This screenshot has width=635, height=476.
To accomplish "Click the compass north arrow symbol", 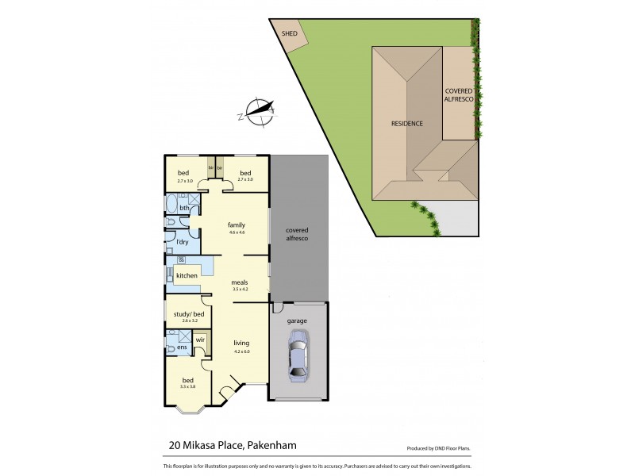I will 260,112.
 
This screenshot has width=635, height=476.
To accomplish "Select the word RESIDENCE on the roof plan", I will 406,124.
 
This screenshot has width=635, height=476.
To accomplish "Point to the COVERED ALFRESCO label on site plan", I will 460,95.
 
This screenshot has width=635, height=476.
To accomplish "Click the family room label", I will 236,225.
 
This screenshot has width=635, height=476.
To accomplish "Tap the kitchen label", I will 187,275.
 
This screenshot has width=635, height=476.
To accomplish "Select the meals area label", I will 240,282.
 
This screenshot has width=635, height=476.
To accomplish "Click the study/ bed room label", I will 188,313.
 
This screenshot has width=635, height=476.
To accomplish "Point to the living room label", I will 241,343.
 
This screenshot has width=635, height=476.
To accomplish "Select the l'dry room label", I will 182,241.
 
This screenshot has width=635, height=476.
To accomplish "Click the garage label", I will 298,321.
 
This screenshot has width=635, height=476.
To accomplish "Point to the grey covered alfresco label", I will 297,234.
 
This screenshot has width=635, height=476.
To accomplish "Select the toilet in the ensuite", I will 171,347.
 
